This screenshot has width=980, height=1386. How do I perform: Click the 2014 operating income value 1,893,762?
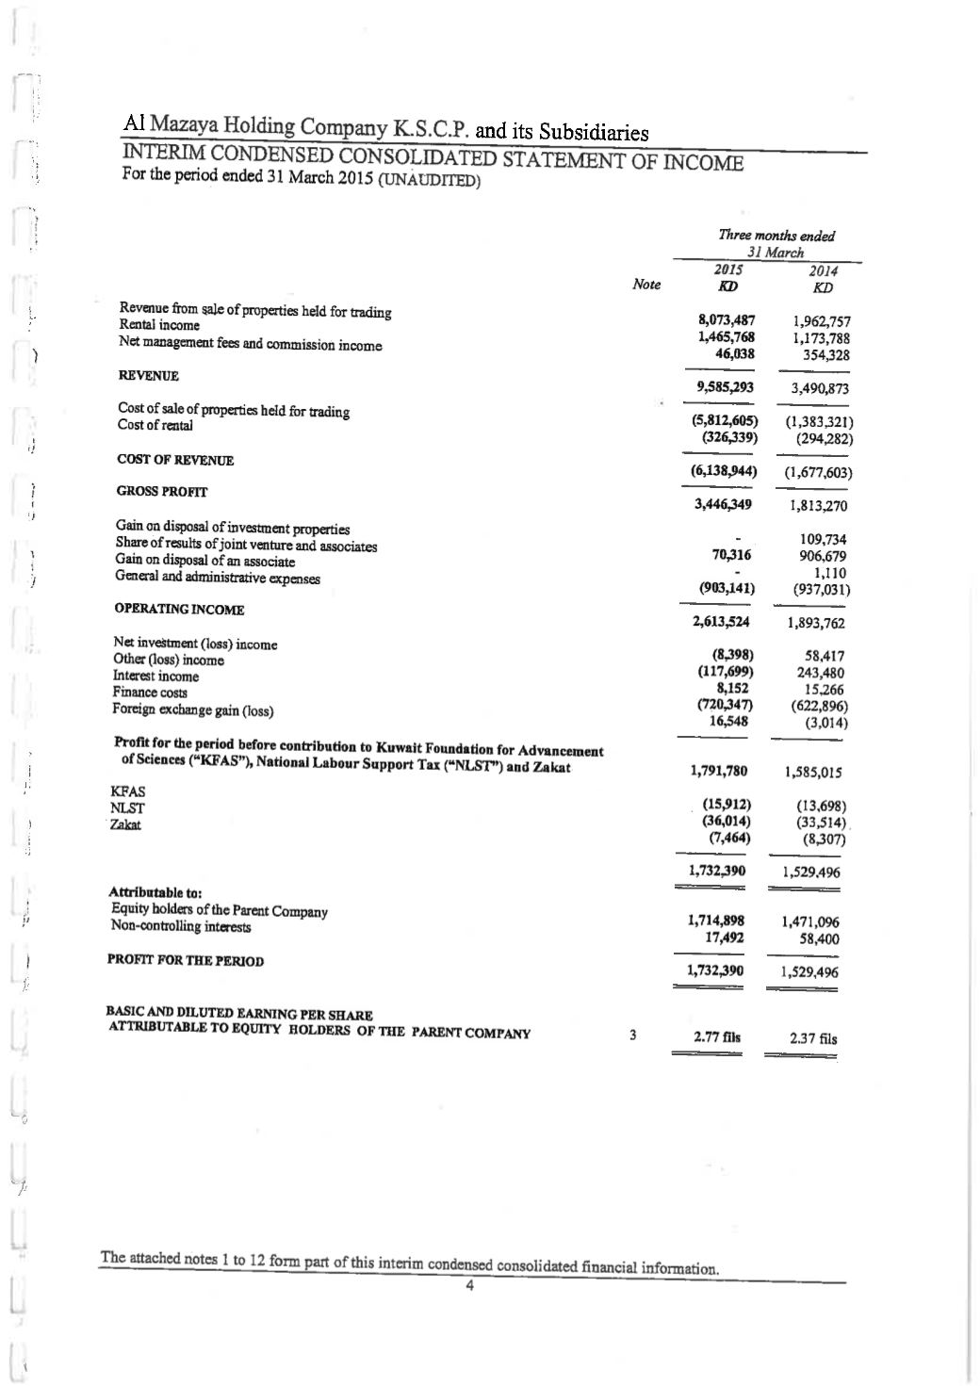click(815, 623)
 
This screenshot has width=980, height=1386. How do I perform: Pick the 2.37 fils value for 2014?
click(813, 1039)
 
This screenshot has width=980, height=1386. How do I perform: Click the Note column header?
click(646, 285)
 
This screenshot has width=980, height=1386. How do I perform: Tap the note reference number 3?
click(633, 1035)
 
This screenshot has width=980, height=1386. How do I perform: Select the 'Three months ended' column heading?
click(776, 236)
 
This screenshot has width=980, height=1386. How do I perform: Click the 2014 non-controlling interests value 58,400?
click(818, 939)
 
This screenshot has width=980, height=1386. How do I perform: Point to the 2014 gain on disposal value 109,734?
click(823, 539)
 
